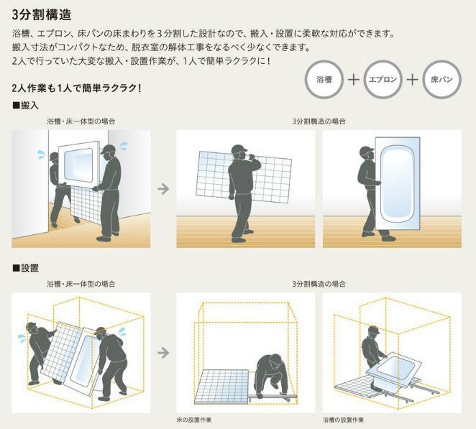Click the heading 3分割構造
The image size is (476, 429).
pos(42,15)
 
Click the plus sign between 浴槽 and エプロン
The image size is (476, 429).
pos(353,80)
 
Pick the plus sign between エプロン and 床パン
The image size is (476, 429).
pos(412,80)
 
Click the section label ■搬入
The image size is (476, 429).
pos(25,106)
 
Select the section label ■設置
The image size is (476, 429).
pos(25,268)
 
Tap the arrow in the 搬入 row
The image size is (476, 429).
pos(163,189)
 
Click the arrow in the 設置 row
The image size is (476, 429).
pos(163,353)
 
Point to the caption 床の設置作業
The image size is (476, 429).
pos(194,420)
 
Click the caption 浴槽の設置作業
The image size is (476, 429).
pos(344,420)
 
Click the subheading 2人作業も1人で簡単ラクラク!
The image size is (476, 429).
pos(76,88)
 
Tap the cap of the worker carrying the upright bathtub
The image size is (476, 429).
pos(367,150)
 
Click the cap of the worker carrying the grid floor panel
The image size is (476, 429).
pos(239,149)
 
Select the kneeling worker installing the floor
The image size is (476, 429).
pos(273,377)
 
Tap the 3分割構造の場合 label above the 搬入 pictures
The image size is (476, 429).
pos(319,121)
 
